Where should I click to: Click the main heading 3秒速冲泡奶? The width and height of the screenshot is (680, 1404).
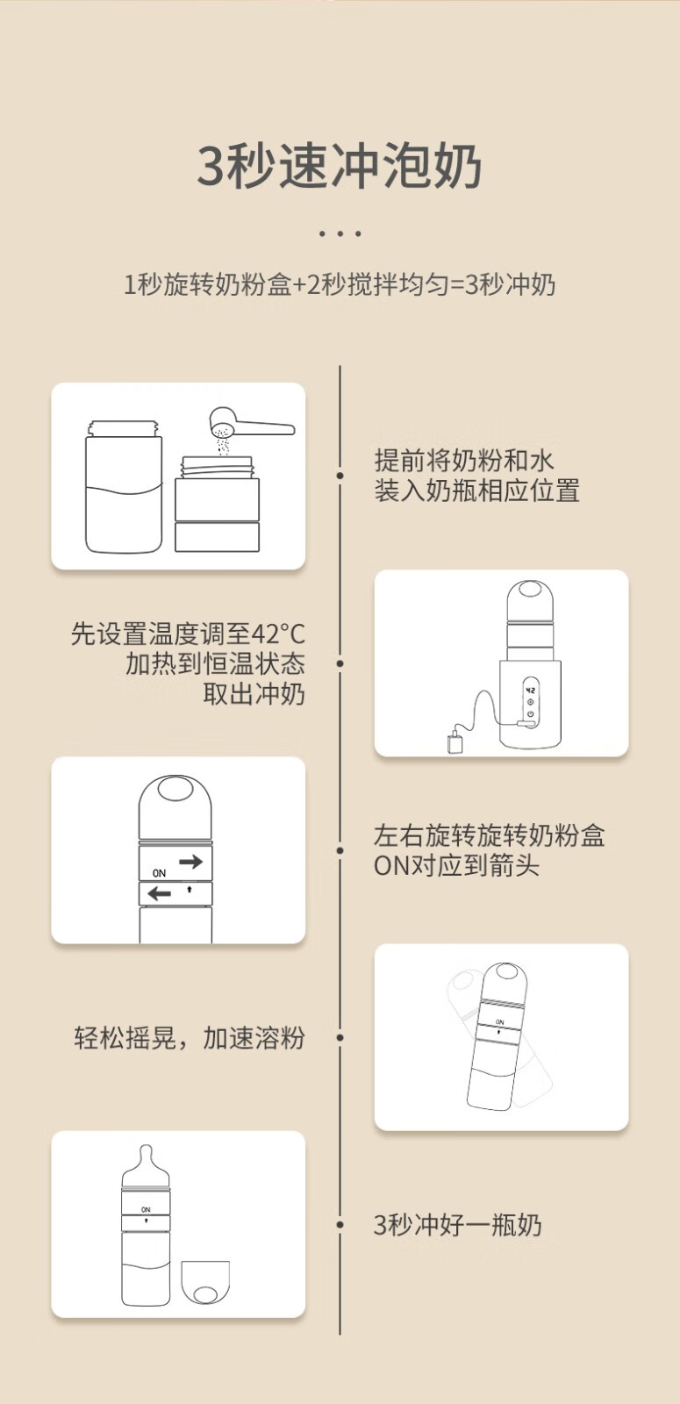tap(340, 166)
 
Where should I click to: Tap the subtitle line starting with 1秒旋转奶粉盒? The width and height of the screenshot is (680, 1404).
tap(340, 284)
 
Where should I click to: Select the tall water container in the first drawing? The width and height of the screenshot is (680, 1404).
tap(124, 486)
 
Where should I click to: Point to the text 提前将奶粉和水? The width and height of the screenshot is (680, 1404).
tap(464, 460)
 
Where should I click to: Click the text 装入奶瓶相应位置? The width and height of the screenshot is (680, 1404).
tap(477, 491)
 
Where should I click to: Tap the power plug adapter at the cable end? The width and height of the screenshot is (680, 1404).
tap(455, 742)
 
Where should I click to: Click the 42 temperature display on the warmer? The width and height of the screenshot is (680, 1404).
tap(530, 690)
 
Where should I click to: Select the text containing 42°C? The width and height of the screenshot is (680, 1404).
tap(188, 634)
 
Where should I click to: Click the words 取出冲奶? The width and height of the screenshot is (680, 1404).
tap(254, 694)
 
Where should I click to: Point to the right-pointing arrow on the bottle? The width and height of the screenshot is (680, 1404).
tap(190, 861)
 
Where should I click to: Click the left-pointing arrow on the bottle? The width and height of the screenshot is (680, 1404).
tap(159, 892)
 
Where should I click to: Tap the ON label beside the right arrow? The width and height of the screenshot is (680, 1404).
tap(159, 872)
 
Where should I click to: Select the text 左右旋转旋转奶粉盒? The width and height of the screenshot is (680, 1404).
tap(490, 835)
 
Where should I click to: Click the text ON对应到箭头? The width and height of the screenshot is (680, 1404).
tap(457, 865)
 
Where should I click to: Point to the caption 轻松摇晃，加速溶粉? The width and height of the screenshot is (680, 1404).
tap(190, 1037)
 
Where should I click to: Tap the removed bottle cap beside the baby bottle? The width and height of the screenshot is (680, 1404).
tap(205, 1282)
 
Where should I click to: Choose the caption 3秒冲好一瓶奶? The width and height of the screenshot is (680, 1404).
tap(457, 1224)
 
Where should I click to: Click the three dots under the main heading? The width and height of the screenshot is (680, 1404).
tap(340, 233)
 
